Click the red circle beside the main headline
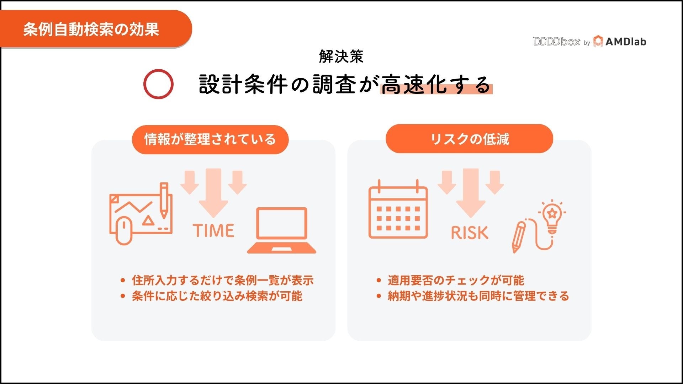(158, 84)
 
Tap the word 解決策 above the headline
(341, 57)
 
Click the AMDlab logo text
(625, 42)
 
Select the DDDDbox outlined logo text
(556, 42)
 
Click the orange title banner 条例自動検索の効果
(91, 29)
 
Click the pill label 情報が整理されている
(210, 139)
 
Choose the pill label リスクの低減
(469, 139)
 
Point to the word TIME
(213, 230)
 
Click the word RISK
(470, 233)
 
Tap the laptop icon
(282, 230)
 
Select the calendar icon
(398, 210)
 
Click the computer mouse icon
(124, 230)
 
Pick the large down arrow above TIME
(213, 192)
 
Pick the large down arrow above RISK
(471, 192)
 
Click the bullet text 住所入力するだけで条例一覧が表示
(223, 280)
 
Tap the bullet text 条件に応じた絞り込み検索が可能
(217, 296)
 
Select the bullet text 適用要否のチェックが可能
(456, 280)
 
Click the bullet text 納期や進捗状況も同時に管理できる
(478, 296)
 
